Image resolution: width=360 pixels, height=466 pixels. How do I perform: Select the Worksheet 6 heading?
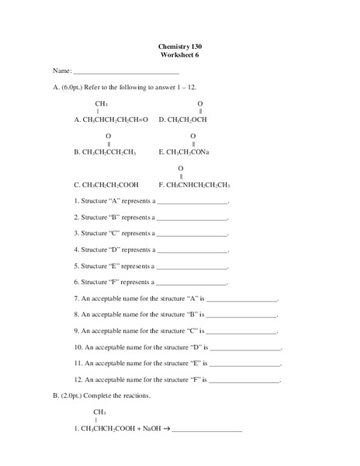tap(179, 55)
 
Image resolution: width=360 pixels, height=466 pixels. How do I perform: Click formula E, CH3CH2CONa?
tap(188, 152)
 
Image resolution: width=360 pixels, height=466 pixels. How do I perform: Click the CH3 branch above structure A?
tap(102, 103)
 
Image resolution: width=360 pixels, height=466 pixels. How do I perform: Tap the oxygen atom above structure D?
tap(200, 103)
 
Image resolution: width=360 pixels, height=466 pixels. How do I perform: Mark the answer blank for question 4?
tap(192, 251)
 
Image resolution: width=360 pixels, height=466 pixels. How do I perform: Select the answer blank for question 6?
tap(192, 283)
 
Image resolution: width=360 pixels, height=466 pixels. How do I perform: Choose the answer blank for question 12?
tap(245, 381)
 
